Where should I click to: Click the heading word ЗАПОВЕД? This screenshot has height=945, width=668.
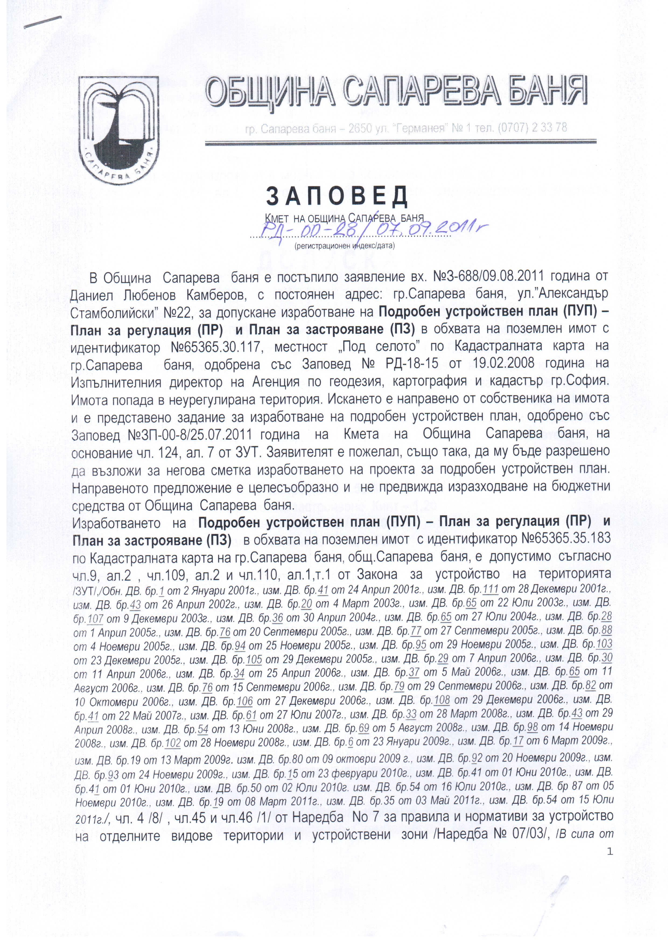[337, 197]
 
